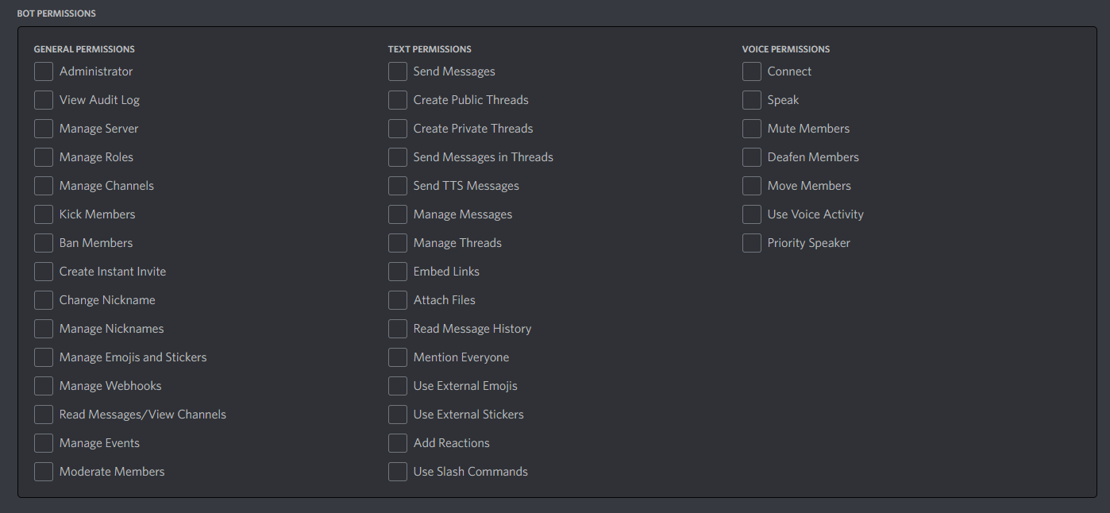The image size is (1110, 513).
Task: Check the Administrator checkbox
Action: (44, 71)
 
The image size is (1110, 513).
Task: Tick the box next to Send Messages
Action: (398, 71)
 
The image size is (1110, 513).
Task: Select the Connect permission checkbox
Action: (752, 71)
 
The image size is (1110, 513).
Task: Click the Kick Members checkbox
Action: (44, 214)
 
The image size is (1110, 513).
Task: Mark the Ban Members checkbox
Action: (44, 243)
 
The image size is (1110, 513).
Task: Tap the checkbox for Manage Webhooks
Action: (44, 386)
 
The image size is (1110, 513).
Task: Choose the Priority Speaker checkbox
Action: (752, 243)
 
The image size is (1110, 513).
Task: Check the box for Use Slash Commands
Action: (398, 472)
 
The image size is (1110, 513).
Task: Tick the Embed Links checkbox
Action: (398, 272)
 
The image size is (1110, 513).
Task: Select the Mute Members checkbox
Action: (752, 129)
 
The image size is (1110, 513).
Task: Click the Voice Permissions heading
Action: (785, 49)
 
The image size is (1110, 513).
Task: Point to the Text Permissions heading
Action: (430, 49)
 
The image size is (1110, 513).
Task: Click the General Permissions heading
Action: (84, 49)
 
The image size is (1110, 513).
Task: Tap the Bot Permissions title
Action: (56, 14)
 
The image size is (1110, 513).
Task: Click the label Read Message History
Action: (472, 329)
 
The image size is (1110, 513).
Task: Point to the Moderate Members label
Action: (112, 472)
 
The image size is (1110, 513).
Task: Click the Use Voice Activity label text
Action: (815, 214)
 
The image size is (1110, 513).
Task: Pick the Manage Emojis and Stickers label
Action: (133, 357)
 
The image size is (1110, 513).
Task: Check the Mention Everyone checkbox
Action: (398, 357)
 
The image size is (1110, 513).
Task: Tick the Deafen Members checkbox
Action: (752, 157)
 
